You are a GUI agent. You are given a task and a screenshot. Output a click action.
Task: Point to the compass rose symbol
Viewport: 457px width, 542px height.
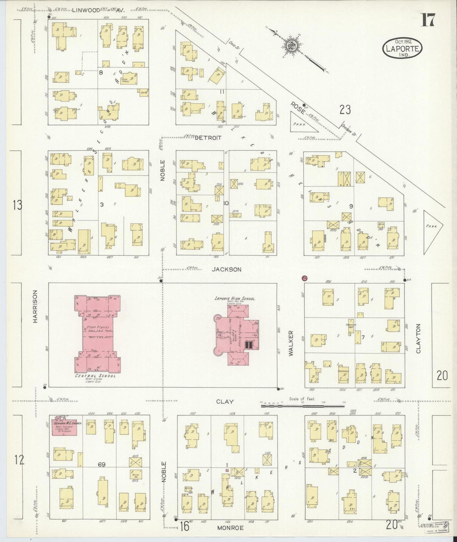coord(290,46)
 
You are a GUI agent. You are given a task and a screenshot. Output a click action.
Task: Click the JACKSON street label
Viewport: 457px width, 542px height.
coord(226,269)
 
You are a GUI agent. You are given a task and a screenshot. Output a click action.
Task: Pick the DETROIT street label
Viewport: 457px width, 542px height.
coord(208,138)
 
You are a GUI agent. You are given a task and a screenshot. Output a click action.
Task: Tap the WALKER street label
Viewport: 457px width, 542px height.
coord(291,343)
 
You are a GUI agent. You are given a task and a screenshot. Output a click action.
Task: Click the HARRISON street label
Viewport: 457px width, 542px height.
coord(35,306)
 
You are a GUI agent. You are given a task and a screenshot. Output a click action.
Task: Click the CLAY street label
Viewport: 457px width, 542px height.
coord(225,402)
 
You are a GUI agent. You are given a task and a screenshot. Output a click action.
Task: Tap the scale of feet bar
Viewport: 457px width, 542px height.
coord(303,405)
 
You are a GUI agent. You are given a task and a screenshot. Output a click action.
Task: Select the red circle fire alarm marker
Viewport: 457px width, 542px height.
coord(305,278)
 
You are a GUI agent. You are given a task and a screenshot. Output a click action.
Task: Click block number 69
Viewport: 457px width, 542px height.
coord(102,465)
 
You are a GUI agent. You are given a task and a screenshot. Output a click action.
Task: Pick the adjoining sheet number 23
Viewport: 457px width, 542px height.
coord(345,110)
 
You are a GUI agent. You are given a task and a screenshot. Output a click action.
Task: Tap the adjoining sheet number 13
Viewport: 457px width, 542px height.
coord(18,205)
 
